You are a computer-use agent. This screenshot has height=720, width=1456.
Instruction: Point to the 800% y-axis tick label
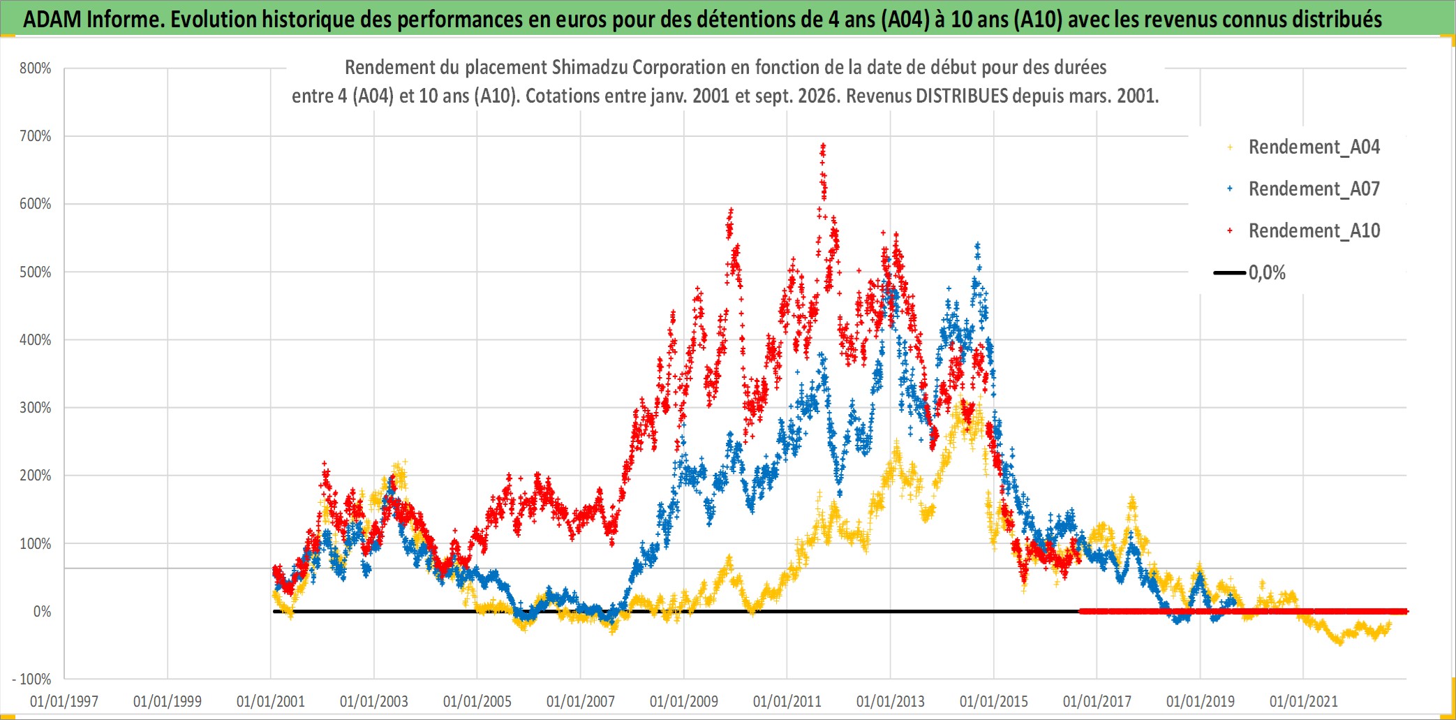point(36,68)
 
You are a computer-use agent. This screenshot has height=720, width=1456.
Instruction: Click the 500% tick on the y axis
point(36,272)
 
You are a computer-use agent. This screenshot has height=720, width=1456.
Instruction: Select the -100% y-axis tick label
point(32,679)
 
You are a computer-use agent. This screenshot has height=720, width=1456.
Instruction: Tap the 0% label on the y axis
point(43,612)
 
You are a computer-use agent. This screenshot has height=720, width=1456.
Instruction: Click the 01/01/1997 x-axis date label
point(64,701)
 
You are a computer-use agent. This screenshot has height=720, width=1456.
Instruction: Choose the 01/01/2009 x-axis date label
point(684,701)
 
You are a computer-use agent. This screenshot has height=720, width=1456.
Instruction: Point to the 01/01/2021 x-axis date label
point(1304,701)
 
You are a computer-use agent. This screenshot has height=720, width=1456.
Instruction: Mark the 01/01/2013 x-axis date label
point(891,701)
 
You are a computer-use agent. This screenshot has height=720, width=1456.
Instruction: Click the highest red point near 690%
point(824,145)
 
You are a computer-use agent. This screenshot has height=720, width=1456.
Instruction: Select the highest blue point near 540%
point(978,244)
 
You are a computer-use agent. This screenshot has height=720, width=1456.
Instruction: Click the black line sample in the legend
point(1230,273)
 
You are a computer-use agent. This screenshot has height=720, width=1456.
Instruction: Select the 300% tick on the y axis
point(36,408)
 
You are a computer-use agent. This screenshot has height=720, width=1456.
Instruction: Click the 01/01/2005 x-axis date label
point(477,701)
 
